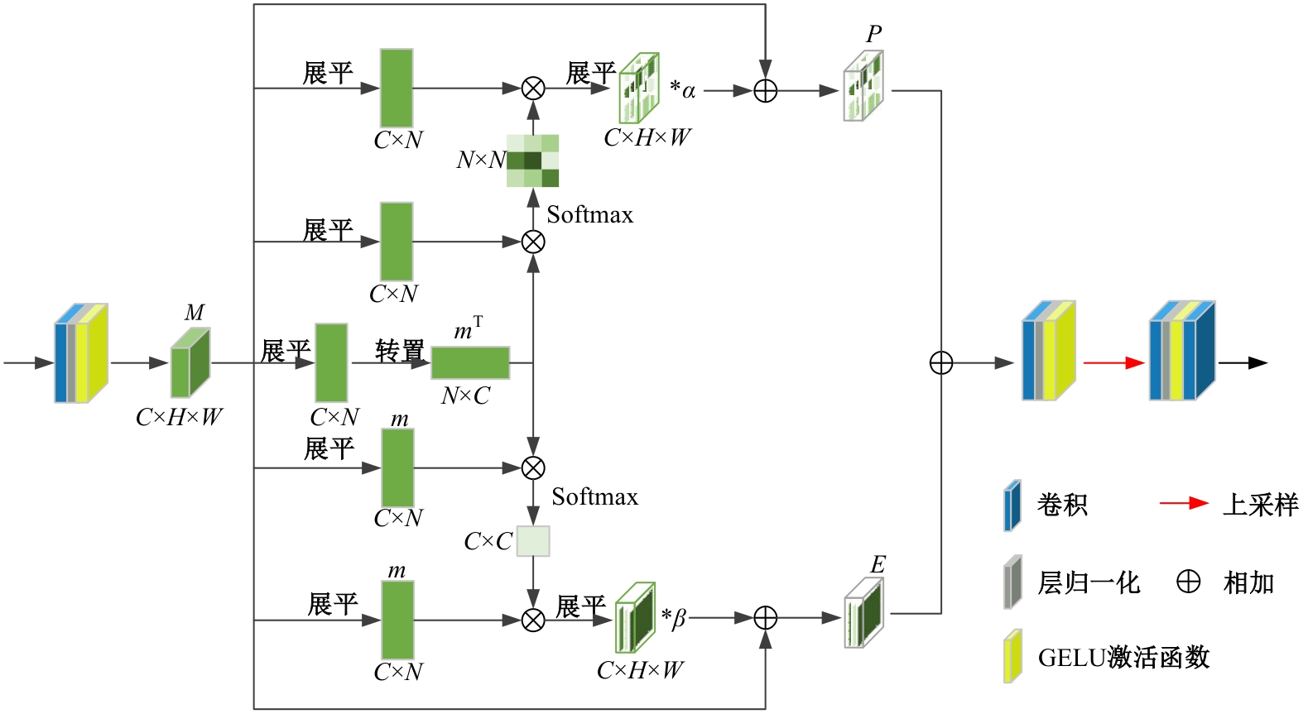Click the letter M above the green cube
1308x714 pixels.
[195, 313]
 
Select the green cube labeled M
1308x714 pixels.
[190, 363]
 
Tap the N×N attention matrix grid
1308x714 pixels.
[533, 161]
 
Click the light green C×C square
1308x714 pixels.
[533, 541]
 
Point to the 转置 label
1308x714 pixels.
[400, 351]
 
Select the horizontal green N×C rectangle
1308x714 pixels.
[470, 363]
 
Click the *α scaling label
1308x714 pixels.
[683, 89]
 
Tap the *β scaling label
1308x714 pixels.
[674, 618]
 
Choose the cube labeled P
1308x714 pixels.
[863, 86]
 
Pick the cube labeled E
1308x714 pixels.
[863, 613]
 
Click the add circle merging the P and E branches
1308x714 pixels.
[941, 363]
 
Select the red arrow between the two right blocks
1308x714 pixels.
[1113, 362]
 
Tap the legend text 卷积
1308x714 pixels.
[1062, 505]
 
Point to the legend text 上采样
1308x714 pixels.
[1261, 505]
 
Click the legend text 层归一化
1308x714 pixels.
[1089, 583]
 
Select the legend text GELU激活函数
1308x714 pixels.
[1123, 658]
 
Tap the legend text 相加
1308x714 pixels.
[1248, 583]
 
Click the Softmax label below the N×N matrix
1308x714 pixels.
[589, 215]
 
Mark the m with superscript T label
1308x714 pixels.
[468, 329]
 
